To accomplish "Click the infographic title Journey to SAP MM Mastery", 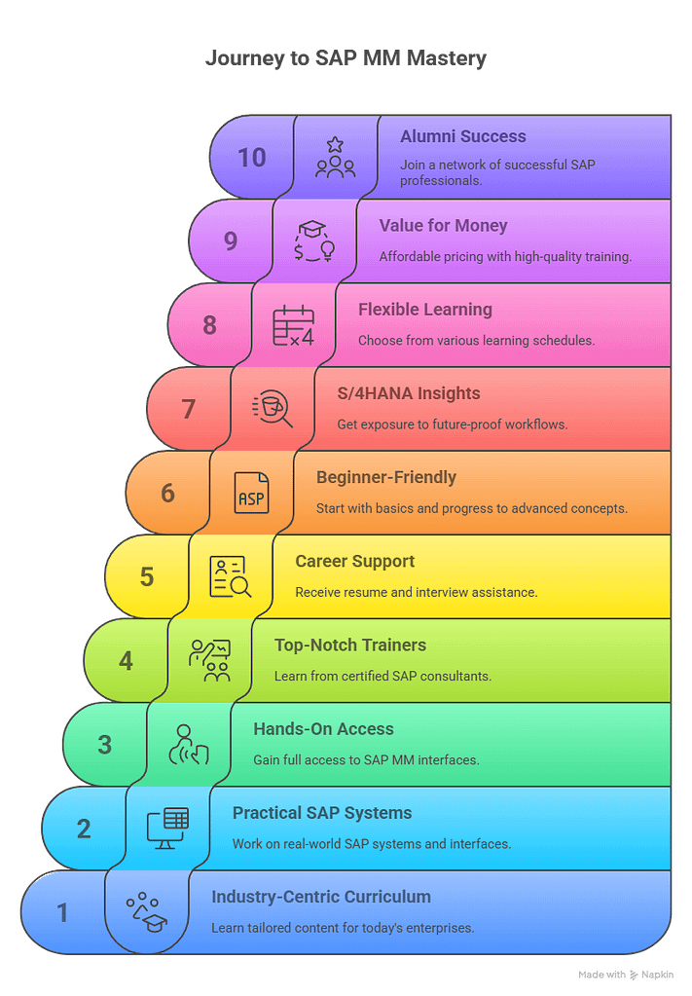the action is [346, 57].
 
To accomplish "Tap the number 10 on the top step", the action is [251, 158].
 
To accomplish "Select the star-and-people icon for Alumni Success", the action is [335, 158].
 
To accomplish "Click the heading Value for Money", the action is [443, 226].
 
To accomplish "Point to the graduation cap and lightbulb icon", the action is [314, 240].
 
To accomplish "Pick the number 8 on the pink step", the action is [209, 325].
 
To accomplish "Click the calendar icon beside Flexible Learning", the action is [293, 325].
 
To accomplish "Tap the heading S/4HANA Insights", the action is [408, 393].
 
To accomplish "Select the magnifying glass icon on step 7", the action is [273, 409].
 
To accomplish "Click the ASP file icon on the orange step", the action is [251, 493].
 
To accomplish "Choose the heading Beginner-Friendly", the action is [386, 477].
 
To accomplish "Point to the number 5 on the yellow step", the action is [147, 576].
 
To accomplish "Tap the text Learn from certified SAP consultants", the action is [382, 676].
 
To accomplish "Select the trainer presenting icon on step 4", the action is [209, 661].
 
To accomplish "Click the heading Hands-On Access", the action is [323, 728].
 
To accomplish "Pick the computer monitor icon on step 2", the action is [167, 829].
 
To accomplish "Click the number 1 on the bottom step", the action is [62, 913].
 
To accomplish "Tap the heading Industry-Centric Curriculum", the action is [320, 897].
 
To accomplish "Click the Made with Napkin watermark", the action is [626, 975].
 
